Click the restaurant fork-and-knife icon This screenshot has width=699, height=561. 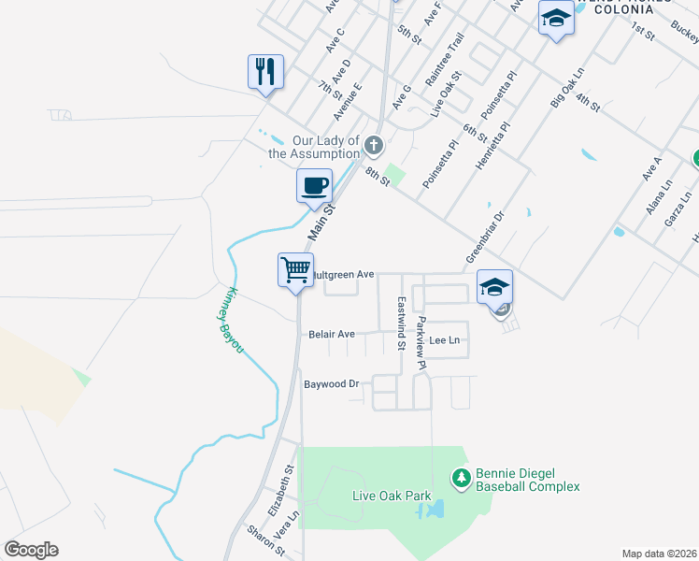(x=265, y=71)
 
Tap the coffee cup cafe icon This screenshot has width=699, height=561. (x=314, y=184)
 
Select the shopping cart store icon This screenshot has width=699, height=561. (x=295, y=270)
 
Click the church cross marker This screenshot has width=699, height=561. (x=373, y=145)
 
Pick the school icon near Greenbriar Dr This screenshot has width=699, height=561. (x=494, y=286)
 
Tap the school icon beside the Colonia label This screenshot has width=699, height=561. (x=556, y=18)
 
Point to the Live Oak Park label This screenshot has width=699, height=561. (x=391, y=496)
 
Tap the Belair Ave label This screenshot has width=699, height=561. (x=332, y=334)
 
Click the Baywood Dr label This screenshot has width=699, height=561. (x=332, y=383)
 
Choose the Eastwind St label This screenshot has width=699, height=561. (x=400, y=324)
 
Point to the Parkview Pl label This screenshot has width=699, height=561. (x=421, y=343)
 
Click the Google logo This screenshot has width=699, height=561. (x=31, y=550)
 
